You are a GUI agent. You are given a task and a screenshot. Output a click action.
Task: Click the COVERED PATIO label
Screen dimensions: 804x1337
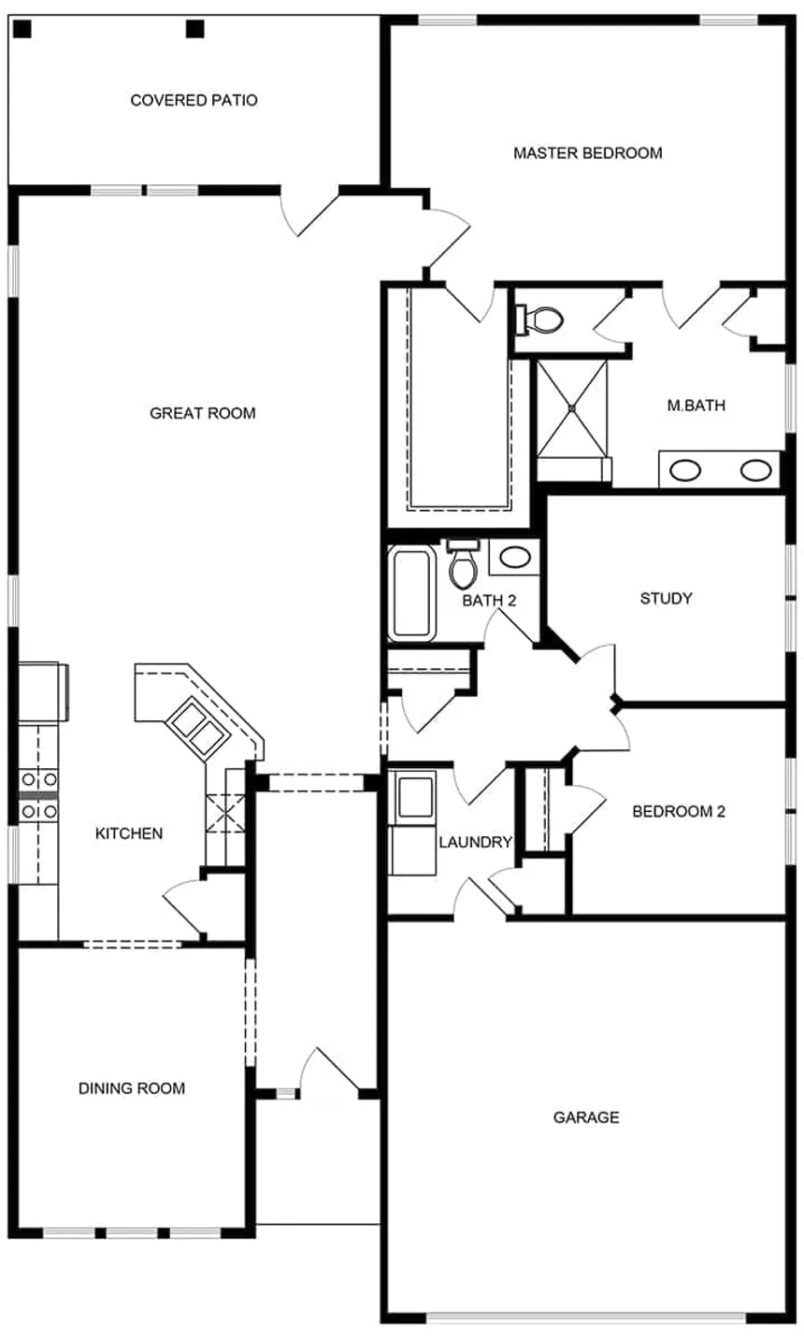click(x=194, y=100)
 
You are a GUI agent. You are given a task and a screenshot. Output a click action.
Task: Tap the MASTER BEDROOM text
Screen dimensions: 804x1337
click(x=588, y=153)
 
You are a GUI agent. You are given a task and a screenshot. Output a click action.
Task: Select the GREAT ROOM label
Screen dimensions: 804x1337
click(x=203, y=413)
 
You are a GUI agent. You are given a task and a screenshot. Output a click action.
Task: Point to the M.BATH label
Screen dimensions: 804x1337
click(x=696, y=405)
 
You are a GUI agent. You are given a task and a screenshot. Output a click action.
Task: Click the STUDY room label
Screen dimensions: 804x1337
click(x=666, y=598)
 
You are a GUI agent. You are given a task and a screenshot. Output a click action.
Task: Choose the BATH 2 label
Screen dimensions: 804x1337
click(x=489, y=601)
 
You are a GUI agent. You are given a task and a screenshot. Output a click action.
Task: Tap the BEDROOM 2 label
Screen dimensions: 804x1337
click(x=679, y=811)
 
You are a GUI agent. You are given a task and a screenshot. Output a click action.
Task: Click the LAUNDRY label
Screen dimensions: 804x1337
click(x=476, y=842)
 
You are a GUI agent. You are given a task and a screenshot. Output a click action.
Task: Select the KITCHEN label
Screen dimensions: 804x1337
click(x=129, y=833)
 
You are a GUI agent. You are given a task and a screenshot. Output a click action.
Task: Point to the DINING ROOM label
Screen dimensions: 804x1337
click(x=132, y=1088)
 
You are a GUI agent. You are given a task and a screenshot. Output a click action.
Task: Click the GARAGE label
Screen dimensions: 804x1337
click(x=586, y=1117)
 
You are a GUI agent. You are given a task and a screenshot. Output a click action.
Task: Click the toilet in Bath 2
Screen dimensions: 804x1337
click(x=464, y=564)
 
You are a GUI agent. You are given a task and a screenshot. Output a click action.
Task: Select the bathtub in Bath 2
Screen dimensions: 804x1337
click(x=412, y=593)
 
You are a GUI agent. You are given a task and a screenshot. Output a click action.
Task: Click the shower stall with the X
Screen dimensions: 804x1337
click(x=571, y=408)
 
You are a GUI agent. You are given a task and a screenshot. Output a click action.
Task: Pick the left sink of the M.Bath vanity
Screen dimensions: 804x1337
click(x=684, y=471)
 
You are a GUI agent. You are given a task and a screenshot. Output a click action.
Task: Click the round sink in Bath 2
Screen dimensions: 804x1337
click(x=515, y=558)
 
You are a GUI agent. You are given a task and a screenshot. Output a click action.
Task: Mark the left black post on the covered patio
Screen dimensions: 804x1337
click(x=22, y=29)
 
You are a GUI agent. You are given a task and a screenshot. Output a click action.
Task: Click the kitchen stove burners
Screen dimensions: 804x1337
click(x=39, y=796)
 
